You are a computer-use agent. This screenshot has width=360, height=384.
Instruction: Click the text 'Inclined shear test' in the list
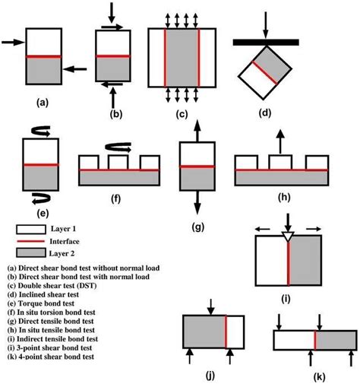coord(61,294)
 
